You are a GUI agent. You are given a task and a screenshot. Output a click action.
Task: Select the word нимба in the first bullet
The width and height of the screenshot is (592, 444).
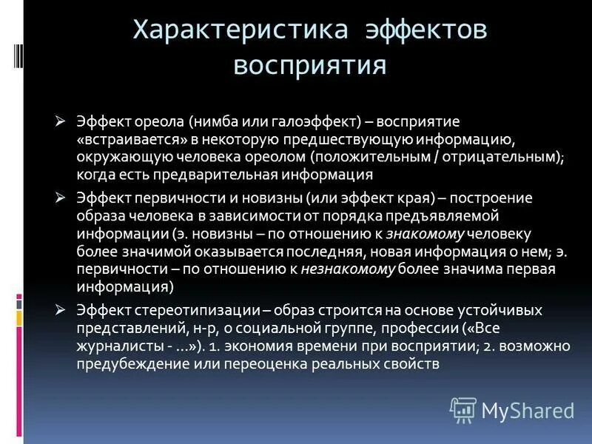214,121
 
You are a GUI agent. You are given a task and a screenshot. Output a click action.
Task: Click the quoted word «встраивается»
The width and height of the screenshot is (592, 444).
123,138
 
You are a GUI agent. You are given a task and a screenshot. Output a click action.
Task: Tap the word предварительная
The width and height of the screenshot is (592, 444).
219,175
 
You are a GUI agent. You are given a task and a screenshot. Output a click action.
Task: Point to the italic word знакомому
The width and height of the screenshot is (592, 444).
424,234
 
